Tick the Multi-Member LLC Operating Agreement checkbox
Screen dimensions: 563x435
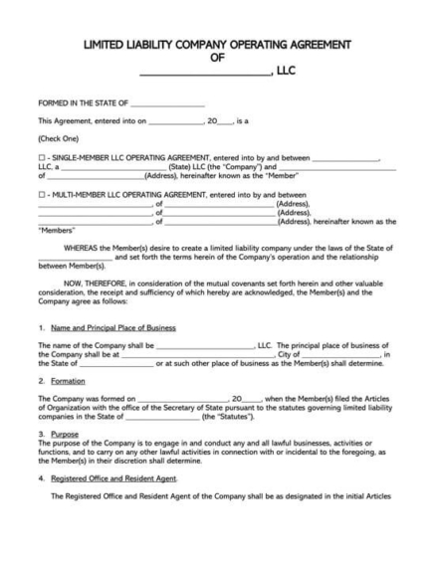41,195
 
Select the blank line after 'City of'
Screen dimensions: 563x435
341,352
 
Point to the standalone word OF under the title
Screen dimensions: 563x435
218,59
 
